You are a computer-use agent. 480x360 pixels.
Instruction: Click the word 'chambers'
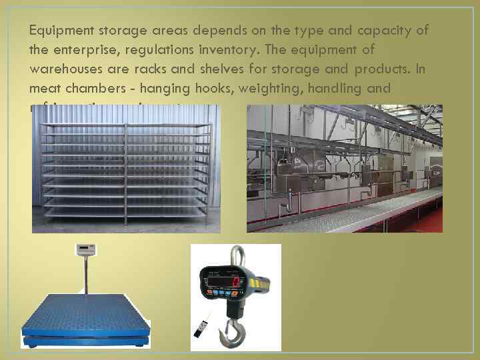click(x=84, y=88)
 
